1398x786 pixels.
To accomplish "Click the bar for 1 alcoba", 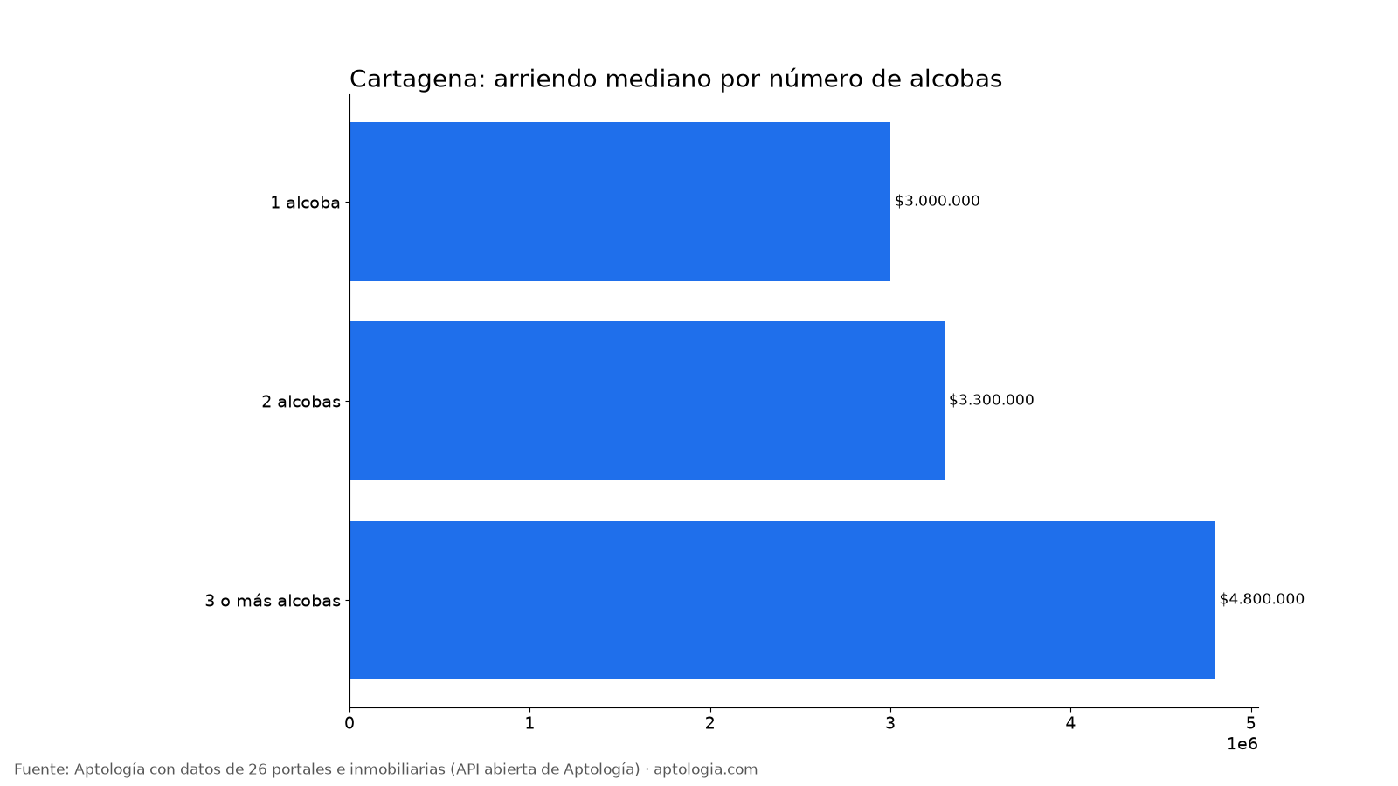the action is pos(619,202).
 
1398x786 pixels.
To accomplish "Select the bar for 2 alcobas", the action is pos(647,401).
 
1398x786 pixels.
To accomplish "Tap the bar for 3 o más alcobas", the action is pos(782,599).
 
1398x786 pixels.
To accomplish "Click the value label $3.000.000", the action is pos(938,201).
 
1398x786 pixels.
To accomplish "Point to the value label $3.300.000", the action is pos(991,400).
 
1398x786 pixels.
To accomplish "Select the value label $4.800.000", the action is pos(1262,599).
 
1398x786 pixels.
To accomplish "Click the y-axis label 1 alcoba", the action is pos(305,203).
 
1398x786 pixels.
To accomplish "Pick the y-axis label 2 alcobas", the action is pos(301,402).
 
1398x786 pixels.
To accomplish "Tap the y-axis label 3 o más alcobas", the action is pos(273,601).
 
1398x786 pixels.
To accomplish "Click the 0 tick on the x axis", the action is pos(349,723).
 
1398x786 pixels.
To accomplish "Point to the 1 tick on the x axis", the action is pos(529,723).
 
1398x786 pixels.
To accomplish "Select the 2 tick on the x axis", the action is pos(710,723).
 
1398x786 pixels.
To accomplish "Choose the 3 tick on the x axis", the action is pos(890,723).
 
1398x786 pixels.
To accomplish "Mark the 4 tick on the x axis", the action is pos(1070,723).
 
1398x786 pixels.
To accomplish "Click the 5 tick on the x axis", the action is pos(1250,723).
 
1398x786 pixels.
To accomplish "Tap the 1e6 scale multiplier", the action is pos(1242,744).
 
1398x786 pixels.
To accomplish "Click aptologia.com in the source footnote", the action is pos(705,769).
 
